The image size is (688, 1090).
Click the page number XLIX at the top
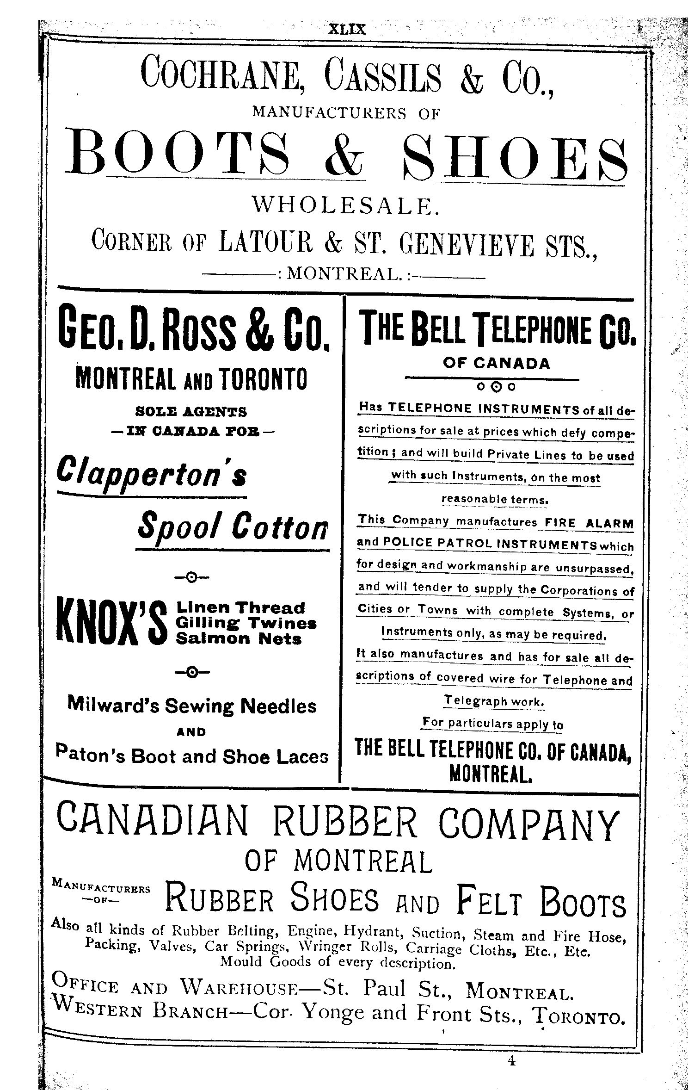click(347, 30)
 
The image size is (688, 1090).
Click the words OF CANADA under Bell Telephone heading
click(497, 364)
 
